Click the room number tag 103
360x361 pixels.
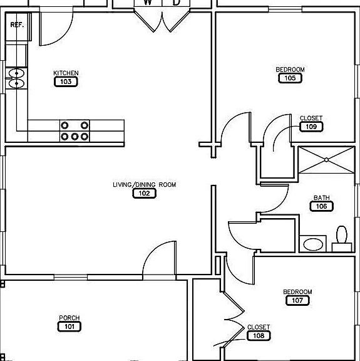coord(66,81)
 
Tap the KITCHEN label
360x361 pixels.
coord(66,73)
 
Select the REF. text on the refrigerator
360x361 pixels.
coord(18,25)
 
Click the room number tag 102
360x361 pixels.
coord(144,194)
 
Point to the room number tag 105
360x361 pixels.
coord(290,78)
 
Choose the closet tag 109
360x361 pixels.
coord(311,127)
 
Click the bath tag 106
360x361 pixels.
coord(321,206)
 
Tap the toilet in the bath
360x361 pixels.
coord(342,239)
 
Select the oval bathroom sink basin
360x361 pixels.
coord(313,244)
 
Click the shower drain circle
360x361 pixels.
coord(326,160)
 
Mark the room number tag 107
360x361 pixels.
coord(297,300)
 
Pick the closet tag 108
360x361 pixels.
coord(259,336)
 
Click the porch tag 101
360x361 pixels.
coord(69,327)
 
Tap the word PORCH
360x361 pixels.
coord(69,318)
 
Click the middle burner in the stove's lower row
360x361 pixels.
coord(75,137)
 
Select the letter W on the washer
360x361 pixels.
coord(148,3)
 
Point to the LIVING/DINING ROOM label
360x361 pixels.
coord(144,185)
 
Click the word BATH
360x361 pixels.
coord(322,197)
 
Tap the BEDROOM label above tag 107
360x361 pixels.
coord(297,291)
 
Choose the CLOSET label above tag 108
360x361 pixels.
coord(259,327)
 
